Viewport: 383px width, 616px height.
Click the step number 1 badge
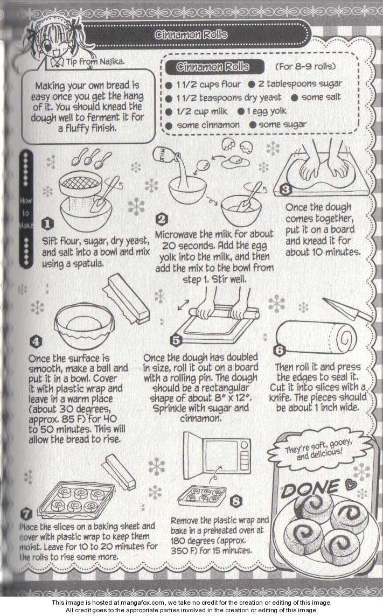click(47, 224)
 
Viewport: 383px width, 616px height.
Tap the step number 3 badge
click(285, 190)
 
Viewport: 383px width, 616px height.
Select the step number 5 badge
click(176, 340)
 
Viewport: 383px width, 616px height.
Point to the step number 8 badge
click(236, 501)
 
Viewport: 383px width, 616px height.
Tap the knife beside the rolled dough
click(347, 310)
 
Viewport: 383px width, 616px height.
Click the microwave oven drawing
click(217, 452)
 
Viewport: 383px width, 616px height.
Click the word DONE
click(310, 489)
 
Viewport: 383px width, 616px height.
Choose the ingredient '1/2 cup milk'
click(197, 111)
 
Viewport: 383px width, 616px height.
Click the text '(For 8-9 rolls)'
click(305, 66)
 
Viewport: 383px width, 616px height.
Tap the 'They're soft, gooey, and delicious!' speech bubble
click(319, 451)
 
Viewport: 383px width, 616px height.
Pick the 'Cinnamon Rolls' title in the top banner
click(191, 34)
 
